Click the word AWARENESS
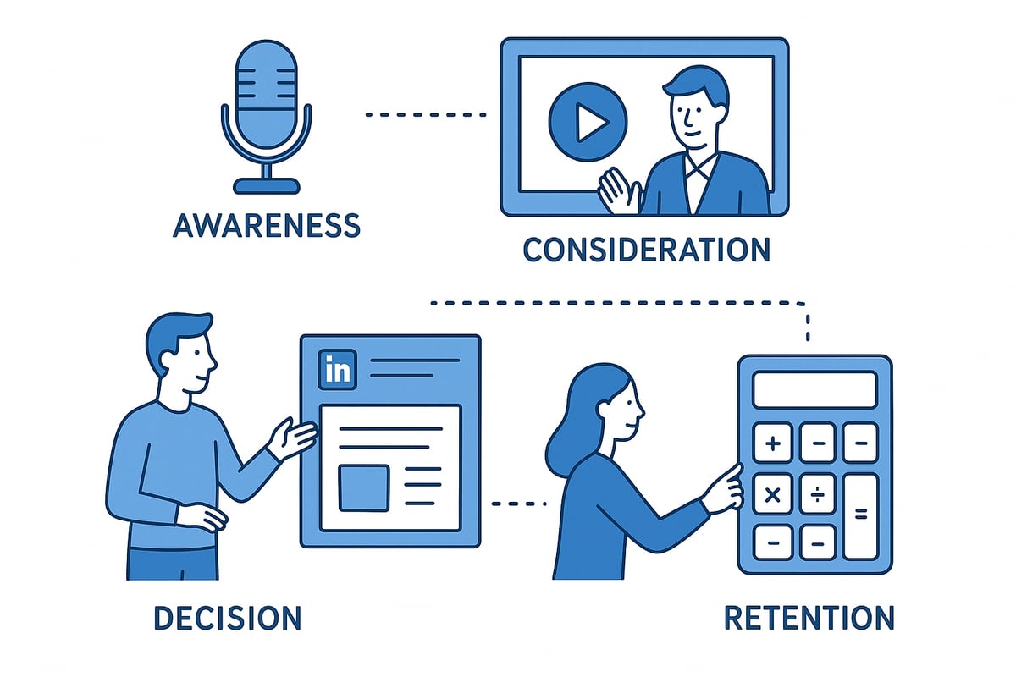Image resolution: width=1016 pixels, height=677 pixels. point(266,225)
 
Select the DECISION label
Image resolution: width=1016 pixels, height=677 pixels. point(227,618)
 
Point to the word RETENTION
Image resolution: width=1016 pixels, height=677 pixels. point(809,618)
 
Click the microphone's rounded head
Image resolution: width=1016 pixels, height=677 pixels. point(266,93)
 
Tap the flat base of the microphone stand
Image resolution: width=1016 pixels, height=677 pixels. point(266,185)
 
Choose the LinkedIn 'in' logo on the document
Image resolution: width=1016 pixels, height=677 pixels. point(337,370)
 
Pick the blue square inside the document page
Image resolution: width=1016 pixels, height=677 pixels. point(363,487)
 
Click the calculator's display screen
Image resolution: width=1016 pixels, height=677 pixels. point(814,390)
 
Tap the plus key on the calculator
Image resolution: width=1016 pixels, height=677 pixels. point(772,443)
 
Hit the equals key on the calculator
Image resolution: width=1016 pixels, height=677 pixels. point(861,513)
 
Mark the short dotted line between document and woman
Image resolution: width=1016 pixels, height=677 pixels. point(519,504)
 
